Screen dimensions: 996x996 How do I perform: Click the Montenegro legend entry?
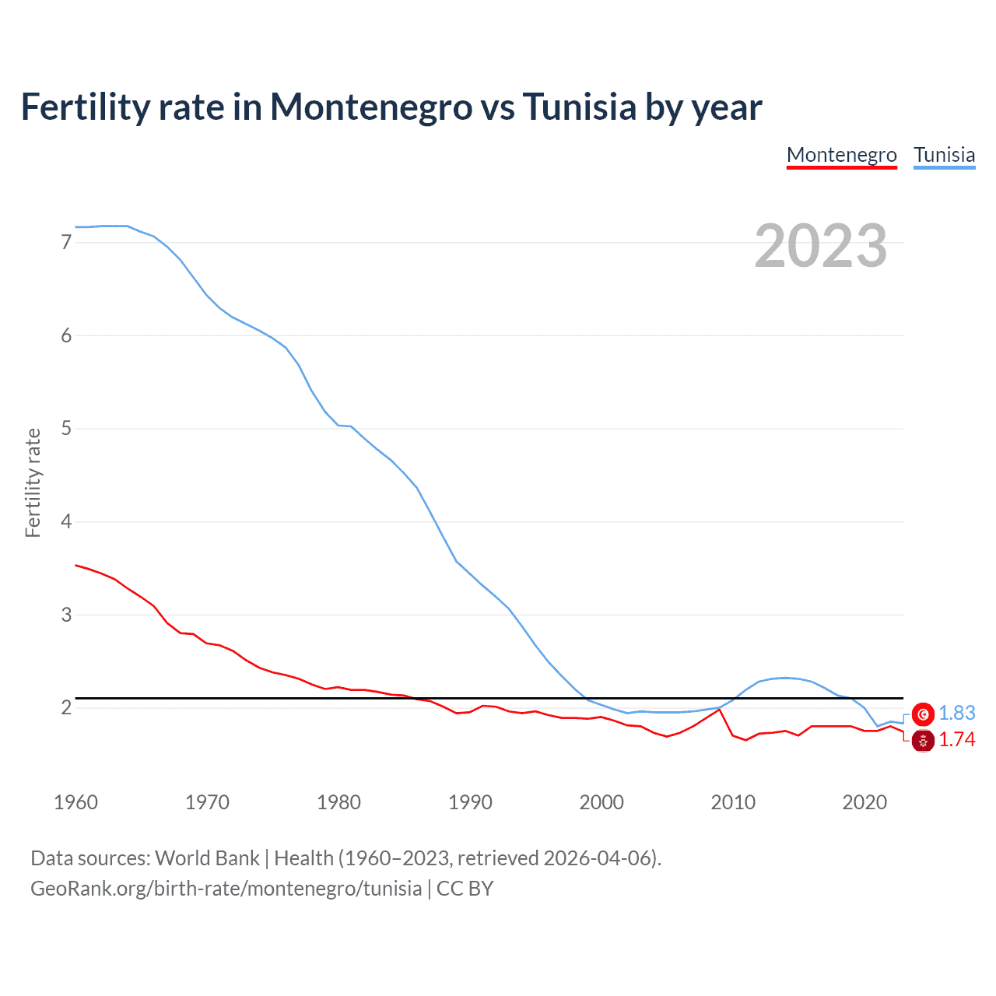point(841,155)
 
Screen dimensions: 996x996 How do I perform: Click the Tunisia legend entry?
point(944,155)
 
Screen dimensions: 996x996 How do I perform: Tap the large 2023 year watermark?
point(821,246)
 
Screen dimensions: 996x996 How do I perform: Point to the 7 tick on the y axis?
point(66,242)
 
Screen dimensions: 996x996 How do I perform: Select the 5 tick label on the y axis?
point(66,428)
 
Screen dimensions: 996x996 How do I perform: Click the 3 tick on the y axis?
point(66,615)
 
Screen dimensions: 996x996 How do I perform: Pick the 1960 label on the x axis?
point(75,802)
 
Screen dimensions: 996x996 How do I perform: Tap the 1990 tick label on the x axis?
point(470,802)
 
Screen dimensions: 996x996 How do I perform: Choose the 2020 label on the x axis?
point(864,802)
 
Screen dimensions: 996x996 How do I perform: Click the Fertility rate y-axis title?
point(33,482)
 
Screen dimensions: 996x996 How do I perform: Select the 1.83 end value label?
point(956,713)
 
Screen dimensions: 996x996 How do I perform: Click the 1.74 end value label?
point(956,739)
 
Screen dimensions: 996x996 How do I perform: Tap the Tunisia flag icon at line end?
point(923,714)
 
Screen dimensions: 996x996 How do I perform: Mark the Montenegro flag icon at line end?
point(923,741)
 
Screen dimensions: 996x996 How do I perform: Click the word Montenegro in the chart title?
point(371,107)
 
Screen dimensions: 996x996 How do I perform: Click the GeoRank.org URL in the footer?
point(226,889)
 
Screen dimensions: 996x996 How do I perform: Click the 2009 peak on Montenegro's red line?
point(720,710)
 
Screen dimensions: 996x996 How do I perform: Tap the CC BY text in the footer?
point(465,889)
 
